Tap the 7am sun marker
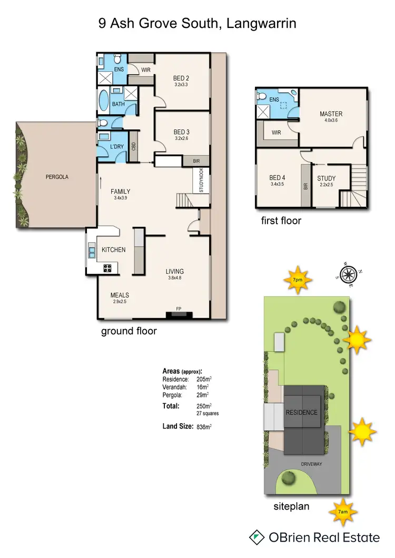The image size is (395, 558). pyautogui.click(x=343, y=511)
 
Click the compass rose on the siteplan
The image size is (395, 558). pyautogui.click(x=349, y=274)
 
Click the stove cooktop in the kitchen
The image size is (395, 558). pyautogui.click(x=107, y=268)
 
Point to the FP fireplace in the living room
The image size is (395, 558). pyautogui.click(x=179, y=311)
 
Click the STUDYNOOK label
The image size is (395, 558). pyautogui.click(x=201, y=180)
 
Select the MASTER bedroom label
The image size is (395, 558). pyautogui.click(x=331, y=114)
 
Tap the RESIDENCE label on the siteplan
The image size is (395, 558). pyautogui.click(x=302, y=412)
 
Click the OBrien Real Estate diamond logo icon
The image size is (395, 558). pyautogui.click(x=257, y=537)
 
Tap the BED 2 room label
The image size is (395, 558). pyautogui.click(x=181, y=78)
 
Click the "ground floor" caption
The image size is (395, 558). pyautogui.click(x=129, y=332)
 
